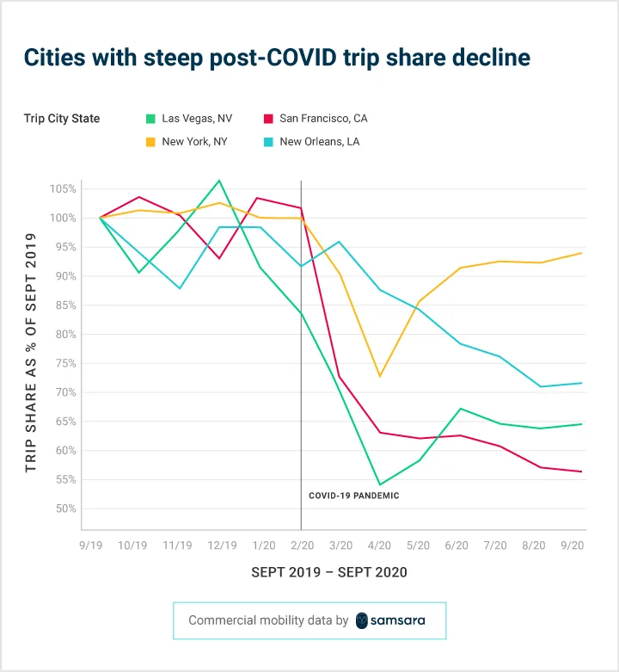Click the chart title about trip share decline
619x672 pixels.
pyautogui.click(x=277, y=58)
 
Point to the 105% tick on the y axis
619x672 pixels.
pyautogui.click(x=64, y=189)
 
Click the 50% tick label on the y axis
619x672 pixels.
pyautogui.click(x=65, y=509)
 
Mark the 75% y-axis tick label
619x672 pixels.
pyautogui.click(x=65, y=363)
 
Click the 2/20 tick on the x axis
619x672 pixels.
pyautogui.click(x=300, y=546)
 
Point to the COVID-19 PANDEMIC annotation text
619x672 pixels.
pyautogui.click(x=354, y=496)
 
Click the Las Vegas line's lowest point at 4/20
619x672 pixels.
pyautogui.click(x=380, y=484)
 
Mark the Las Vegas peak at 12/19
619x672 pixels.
pyautogui.click(x=220, y=181)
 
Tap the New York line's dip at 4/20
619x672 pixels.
pyautogui.click(x=380, y=376)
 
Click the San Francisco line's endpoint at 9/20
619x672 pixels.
pyautogui.click(x=582, y=472)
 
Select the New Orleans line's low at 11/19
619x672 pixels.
pyautogui.click(x=180, y=288)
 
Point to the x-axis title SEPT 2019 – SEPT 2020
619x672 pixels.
pyautogui.click(x=329, y=572)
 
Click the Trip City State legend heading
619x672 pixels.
pyautogui.click(x=62, y=119)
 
